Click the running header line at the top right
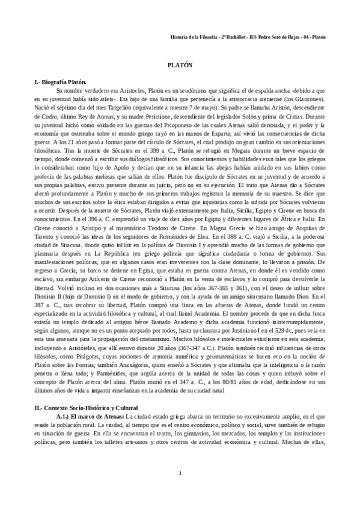click(248, 36)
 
